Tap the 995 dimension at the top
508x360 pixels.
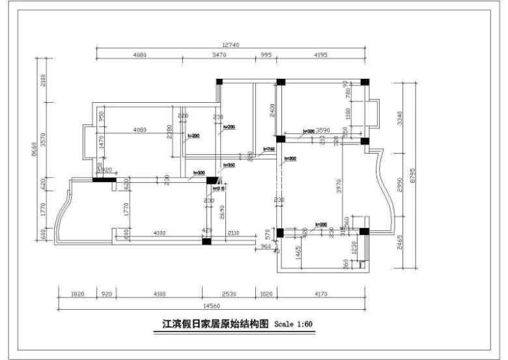click(266, 56)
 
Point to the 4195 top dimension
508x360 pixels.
click(320, 56)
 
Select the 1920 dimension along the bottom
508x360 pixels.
click(77, 294)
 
